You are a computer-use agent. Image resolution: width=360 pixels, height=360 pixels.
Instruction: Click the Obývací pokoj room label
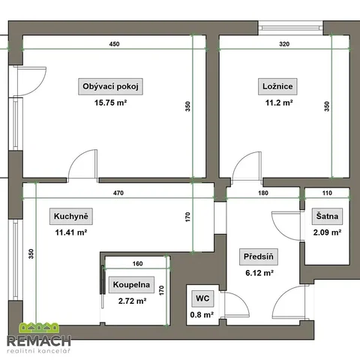point(110,86)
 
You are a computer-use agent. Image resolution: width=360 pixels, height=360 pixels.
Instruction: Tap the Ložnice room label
point(277,86)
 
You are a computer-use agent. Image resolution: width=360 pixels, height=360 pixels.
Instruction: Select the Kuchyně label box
point(71,216)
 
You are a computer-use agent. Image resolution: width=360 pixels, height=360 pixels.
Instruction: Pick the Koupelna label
point(131,284)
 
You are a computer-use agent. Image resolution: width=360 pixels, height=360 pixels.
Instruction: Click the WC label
point(202,298)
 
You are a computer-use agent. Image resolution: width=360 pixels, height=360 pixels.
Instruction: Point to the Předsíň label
point(259,256)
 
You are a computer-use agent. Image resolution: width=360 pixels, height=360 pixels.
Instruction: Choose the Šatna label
point(327,216)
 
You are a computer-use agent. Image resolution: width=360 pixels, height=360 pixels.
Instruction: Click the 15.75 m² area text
point(110,103)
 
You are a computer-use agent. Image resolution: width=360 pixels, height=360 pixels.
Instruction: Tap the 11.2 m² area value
point(279,103)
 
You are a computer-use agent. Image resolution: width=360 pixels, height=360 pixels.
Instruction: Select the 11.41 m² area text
point(71,232)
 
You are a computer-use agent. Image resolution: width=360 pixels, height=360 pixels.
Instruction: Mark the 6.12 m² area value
point(259,273)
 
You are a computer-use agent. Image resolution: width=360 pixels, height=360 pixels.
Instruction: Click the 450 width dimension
point(114,44)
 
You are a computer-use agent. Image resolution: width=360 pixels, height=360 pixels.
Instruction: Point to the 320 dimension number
point(284,44)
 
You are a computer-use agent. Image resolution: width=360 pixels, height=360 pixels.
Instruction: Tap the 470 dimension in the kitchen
point(118,193)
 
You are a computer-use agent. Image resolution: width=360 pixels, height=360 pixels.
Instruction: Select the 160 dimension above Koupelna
point(137,263)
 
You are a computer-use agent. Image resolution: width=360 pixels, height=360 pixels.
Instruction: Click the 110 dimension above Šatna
point(327,193)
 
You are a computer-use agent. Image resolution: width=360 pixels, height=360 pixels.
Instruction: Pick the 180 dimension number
point(263,193)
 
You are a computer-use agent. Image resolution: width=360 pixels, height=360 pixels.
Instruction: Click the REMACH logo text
point(39,341)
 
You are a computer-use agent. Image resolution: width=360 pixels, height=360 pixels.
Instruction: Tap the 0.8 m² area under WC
point(202,314)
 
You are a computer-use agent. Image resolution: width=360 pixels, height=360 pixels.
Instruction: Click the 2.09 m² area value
point(327,232)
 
